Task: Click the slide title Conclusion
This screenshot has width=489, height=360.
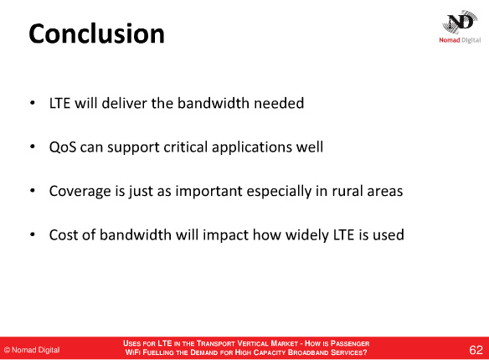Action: [96, 33]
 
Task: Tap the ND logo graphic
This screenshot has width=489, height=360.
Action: [460, 22]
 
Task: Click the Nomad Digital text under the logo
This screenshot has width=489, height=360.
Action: [460, 40]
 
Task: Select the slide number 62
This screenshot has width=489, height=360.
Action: [476, 350]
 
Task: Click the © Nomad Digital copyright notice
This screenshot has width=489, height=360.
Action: [32, 350]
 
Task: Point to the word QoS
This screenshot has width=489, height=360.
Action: [63, 147]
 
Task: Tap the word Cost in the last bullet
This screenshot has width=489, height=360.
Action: [64, 234]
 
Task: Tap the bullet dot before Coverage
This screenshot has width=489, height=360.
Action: [33, 190]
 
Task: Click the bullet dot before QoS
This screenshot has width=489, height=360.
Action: [33, 147]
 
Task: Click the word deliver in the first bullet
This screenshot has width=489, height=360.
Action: [124, 103]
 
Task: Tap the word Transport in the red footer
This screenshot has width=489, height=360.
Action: [215, 343]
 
